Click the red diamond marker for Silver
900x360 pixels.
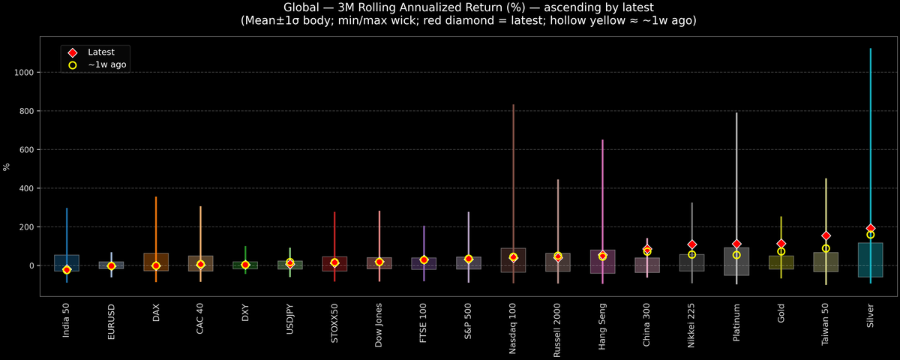pos(870,228)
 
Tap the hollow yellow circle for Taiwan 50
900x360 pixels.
pos(826,248)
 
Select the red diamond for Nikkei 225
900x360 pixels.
pos(691,244)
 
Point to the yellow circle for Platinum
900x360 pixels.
pos(736,255)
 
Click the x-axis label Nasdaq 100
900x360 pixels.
pos(513,325)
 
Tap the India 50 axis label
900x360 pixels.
pos(67,320)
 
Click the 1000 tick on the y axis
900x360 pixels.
pos(24,73)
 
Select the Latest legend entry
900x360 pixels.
pos(100,52)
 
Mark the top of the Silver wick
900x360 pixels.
pos(870,49)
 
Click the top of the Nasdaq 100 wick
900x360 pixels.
pos(513,105)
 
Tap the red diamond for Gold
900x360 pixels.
pos(781,244)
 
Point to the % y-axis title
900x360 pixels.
pos(7,166)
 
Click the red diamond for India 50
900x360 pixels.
pos(67,270)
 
